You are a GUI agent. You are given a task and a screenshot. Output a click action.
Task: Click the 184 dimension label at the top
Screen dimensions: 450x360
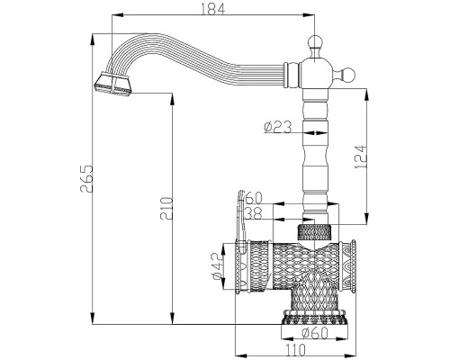click(x=212, y=9)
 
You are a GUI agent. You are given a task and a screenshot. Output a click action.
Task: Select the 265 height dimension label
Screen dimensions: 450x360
click(x=86, y=178)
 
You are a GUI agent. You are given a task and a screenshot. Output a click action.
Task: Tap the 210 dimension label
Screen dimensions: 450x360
click(x=166, y=209)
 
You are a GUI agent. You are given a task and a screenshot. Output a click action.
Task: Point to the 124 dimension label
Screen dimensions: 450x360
click(x=360, y=157)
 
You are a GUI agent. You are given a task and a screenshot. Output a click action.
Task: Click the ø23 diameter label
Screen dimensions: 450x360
click(x=277, y=127)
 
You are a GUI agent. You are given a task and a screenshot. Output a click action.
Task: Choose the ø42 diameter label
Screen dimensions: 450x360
click(x=218, y=266)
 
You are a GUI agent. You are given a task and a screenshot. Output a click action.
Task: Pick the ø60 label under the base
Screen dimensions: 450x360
click(x=315, y=333)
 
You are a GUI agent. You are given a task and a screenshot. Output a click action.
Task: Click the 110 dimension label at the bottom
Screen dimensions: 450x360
click(x=295, y=350)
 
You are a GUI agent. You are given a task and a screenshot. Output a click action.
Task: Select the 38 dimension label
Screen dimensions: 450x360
click(x=254, y=213)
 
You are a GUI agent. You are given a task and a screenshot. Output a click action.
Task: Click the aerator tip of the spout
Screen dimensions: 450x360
click(x=113, y=85)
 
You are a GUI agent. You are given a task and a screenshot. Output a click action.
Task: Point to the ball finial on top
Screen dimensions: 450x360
click(x=314, y=42)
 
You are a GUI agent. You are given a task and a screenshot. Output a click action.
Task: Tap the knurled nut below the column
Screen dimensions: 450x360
click(x=314, y=231)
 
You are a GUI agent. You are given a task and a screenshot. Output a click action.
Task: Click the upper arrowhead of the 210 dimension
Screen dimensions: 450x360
click(x=172, y=99)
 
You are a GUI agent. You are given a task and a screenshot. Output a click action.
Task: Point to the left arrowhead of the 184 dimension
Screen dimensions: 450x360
click(x=118, y=15)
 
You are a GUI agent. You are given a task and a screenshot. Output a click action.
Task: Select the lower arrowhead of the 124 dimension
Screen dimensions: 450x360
click(x=366, y=219)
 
